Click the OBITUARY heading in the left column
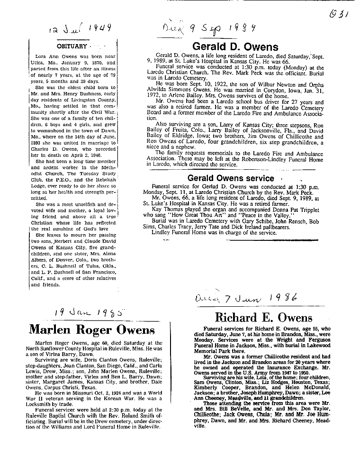pos(72,46)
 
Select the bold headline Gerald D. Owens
pos(235,46)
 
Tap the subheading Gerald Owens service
pos(231,178)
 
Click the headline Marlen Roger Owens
pos(92,329)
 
